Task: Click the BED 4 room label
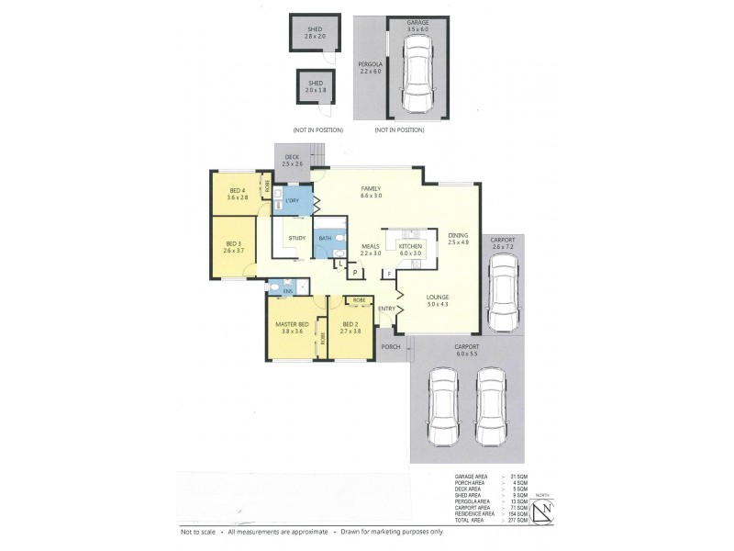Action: point(239,190)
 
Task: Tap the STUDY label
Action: point(296,238)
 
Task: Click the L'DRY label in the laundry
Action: point(293,200)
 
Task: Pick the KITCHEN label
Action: point(410,246)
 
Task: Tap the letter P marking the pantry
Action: point(353,273)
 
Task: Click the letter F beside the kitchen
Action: point(389,274)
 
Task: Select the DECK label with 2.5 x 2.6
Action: point(292,160)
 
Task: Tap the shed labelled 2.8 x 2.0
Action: point(314,37)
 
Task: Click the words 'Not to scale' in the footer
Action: point(199,532)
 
